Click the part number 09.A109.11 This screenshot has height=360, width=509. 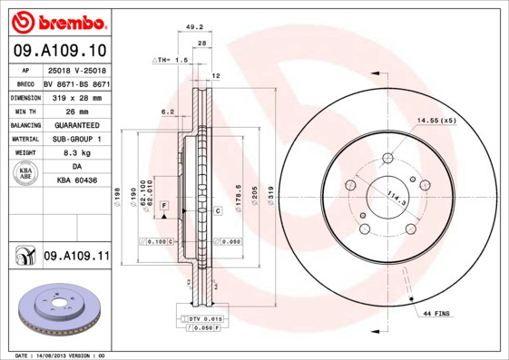point(76,257)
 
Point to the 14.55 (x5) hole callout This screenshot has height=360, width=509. point(436,120)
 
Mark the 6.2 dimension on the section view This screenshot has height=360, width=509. point(167,112)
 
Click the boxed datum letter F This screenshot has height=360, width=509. point(164,208)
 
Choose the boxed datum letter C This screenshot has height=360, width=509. point(219,210)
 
